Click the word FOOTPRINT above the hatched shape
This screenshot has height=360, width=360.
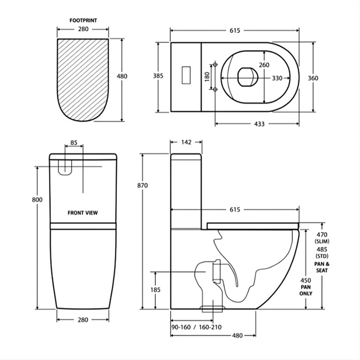click(83, 21)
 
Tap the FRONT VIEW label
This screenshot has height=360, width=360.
click(83, 212)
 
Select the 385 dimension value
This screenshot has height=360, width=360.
click(158, 76)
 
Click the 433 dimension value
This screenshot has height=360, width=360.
click(259, 124)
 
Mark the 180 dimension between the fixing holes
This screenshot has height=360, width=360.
click(207, 77)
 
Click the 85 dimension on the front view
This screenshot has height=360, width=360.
click(74, 143)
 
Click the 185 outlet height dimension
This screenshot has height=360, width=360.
click(155, 290)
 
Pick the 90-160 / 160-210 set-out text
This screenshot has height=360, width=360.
click(197, 327)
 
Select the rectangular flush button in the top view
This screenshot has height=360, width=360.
click(186, 76)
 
